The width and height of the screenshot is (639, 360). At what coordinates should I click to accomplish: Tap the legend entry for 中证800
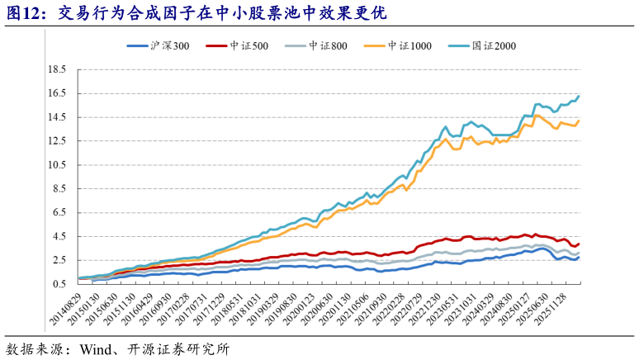click(319, 46)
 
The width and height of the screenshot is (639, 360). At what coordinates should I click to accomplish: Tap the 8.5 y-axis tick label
click(59, 188)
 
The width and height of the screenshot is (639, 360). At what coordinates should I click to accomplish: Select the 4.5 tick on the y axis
click(59, 236)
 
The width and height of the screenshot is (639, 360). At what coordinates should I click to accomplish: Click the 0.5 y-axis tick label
click(59, 283)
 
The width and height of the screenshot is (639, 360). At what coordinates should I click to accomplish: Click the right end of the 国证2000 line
click(579, 96)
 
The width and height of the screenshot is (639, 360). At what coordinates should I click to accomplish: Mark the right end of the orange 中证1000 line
click(579, 121)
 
